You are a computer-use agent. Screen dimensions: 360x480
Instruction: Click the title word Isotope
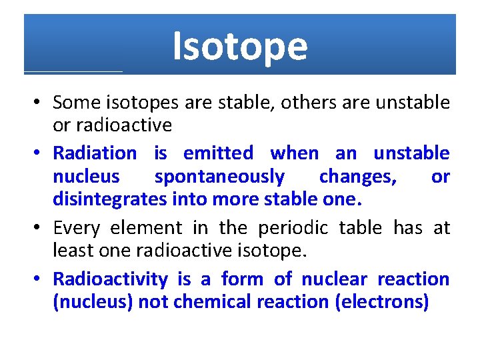coord(240,47)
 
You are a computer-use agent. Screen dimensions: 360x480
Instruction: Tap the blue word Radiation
coord(94,153)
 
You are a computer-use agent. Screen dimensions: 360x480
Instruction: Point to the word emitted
coord(218,153)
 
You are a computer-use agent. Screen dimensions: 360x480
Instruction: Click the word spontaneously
coord(219,177)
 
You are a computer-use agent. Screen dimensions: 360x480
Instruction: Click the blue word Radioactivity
coord(110,279)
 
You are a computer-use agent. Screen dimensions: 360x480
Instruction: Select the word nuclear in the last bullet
coord(333,279)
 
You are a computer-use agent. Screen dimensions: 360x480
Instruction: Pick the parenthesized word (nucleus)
coord(93,302)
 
